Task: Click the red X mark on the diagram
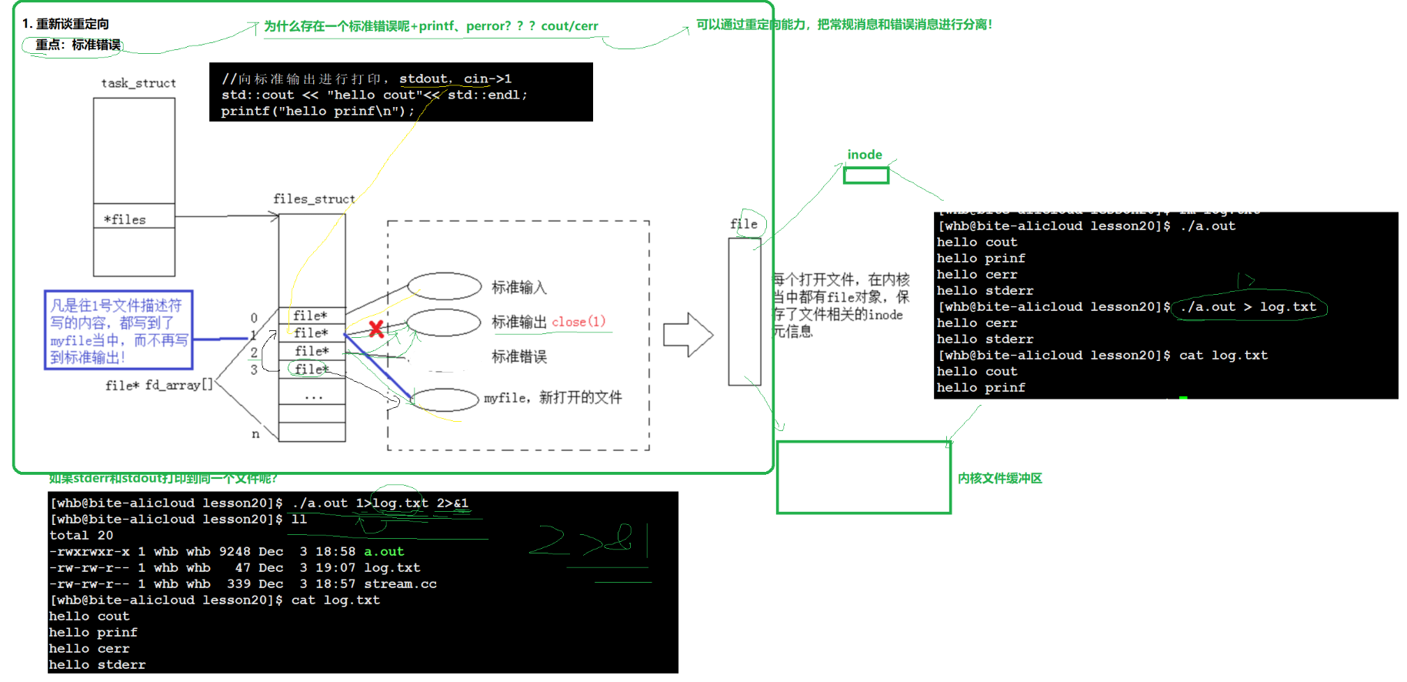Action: click(376, 329)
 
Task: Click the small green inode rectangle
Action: click(865, 176)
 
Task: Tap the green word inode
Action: click(865, 155)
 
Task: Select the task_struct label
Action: click(138, 83)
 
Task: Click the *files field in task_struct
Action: click(125, 220)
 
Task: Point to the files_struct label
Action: click(314, 199)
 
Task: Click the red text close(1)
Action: click(578, 322)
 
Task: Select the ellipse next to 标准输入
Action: click(444, 286)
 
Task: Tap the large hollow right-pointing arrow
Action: click(688, 335)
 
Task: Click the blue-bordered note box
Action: click(118, 330)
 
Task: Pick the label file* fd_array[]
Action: click(158, 385)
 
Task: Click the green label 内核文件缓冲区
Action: click(999, 479)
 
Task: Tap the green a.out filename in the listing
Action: click(384, 552)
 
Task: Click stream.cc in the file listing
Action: click(400, 584)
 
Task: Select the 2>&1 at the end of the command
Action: click(452, 503)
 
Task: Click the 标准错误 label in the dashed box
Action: click(519, 357)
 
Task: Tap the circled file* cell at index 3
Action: click(311, 369)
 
